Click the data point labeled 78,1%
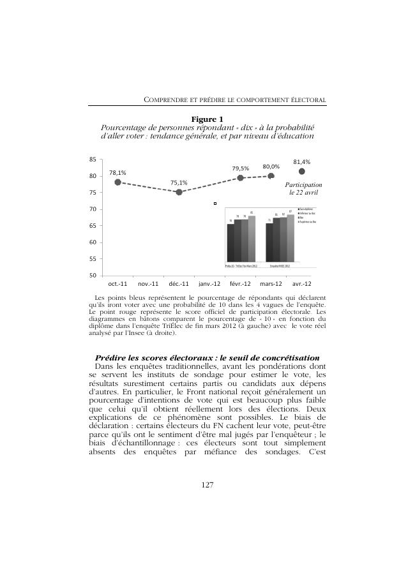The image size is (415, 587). pos(117,182)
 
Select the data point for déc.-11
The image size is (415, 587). pos(179,191)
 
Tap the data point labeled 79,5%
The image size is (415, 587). pos(241,177)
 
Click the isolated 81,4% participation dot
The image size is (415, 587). pos(301,171)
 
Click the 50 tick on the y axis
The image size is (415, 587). pos(93,276)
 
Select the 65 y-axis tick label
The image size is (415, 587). pos(93,226)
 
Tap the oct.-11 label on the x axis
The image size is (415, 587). pos(117,283)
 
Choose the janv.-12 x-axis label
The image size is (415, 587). pos(209,283)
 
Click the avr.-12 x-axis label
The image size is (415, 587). pos(301,283)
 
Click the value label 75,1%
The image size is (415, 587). pos(179,182)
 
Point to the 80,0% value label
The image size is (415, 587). pos(271,167)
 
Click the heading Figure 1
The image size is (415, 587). pos(207,119)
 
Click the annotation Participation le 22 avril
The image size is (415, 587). pos(303,188)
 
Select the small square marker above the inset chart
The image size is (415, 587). pos(215,204)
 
